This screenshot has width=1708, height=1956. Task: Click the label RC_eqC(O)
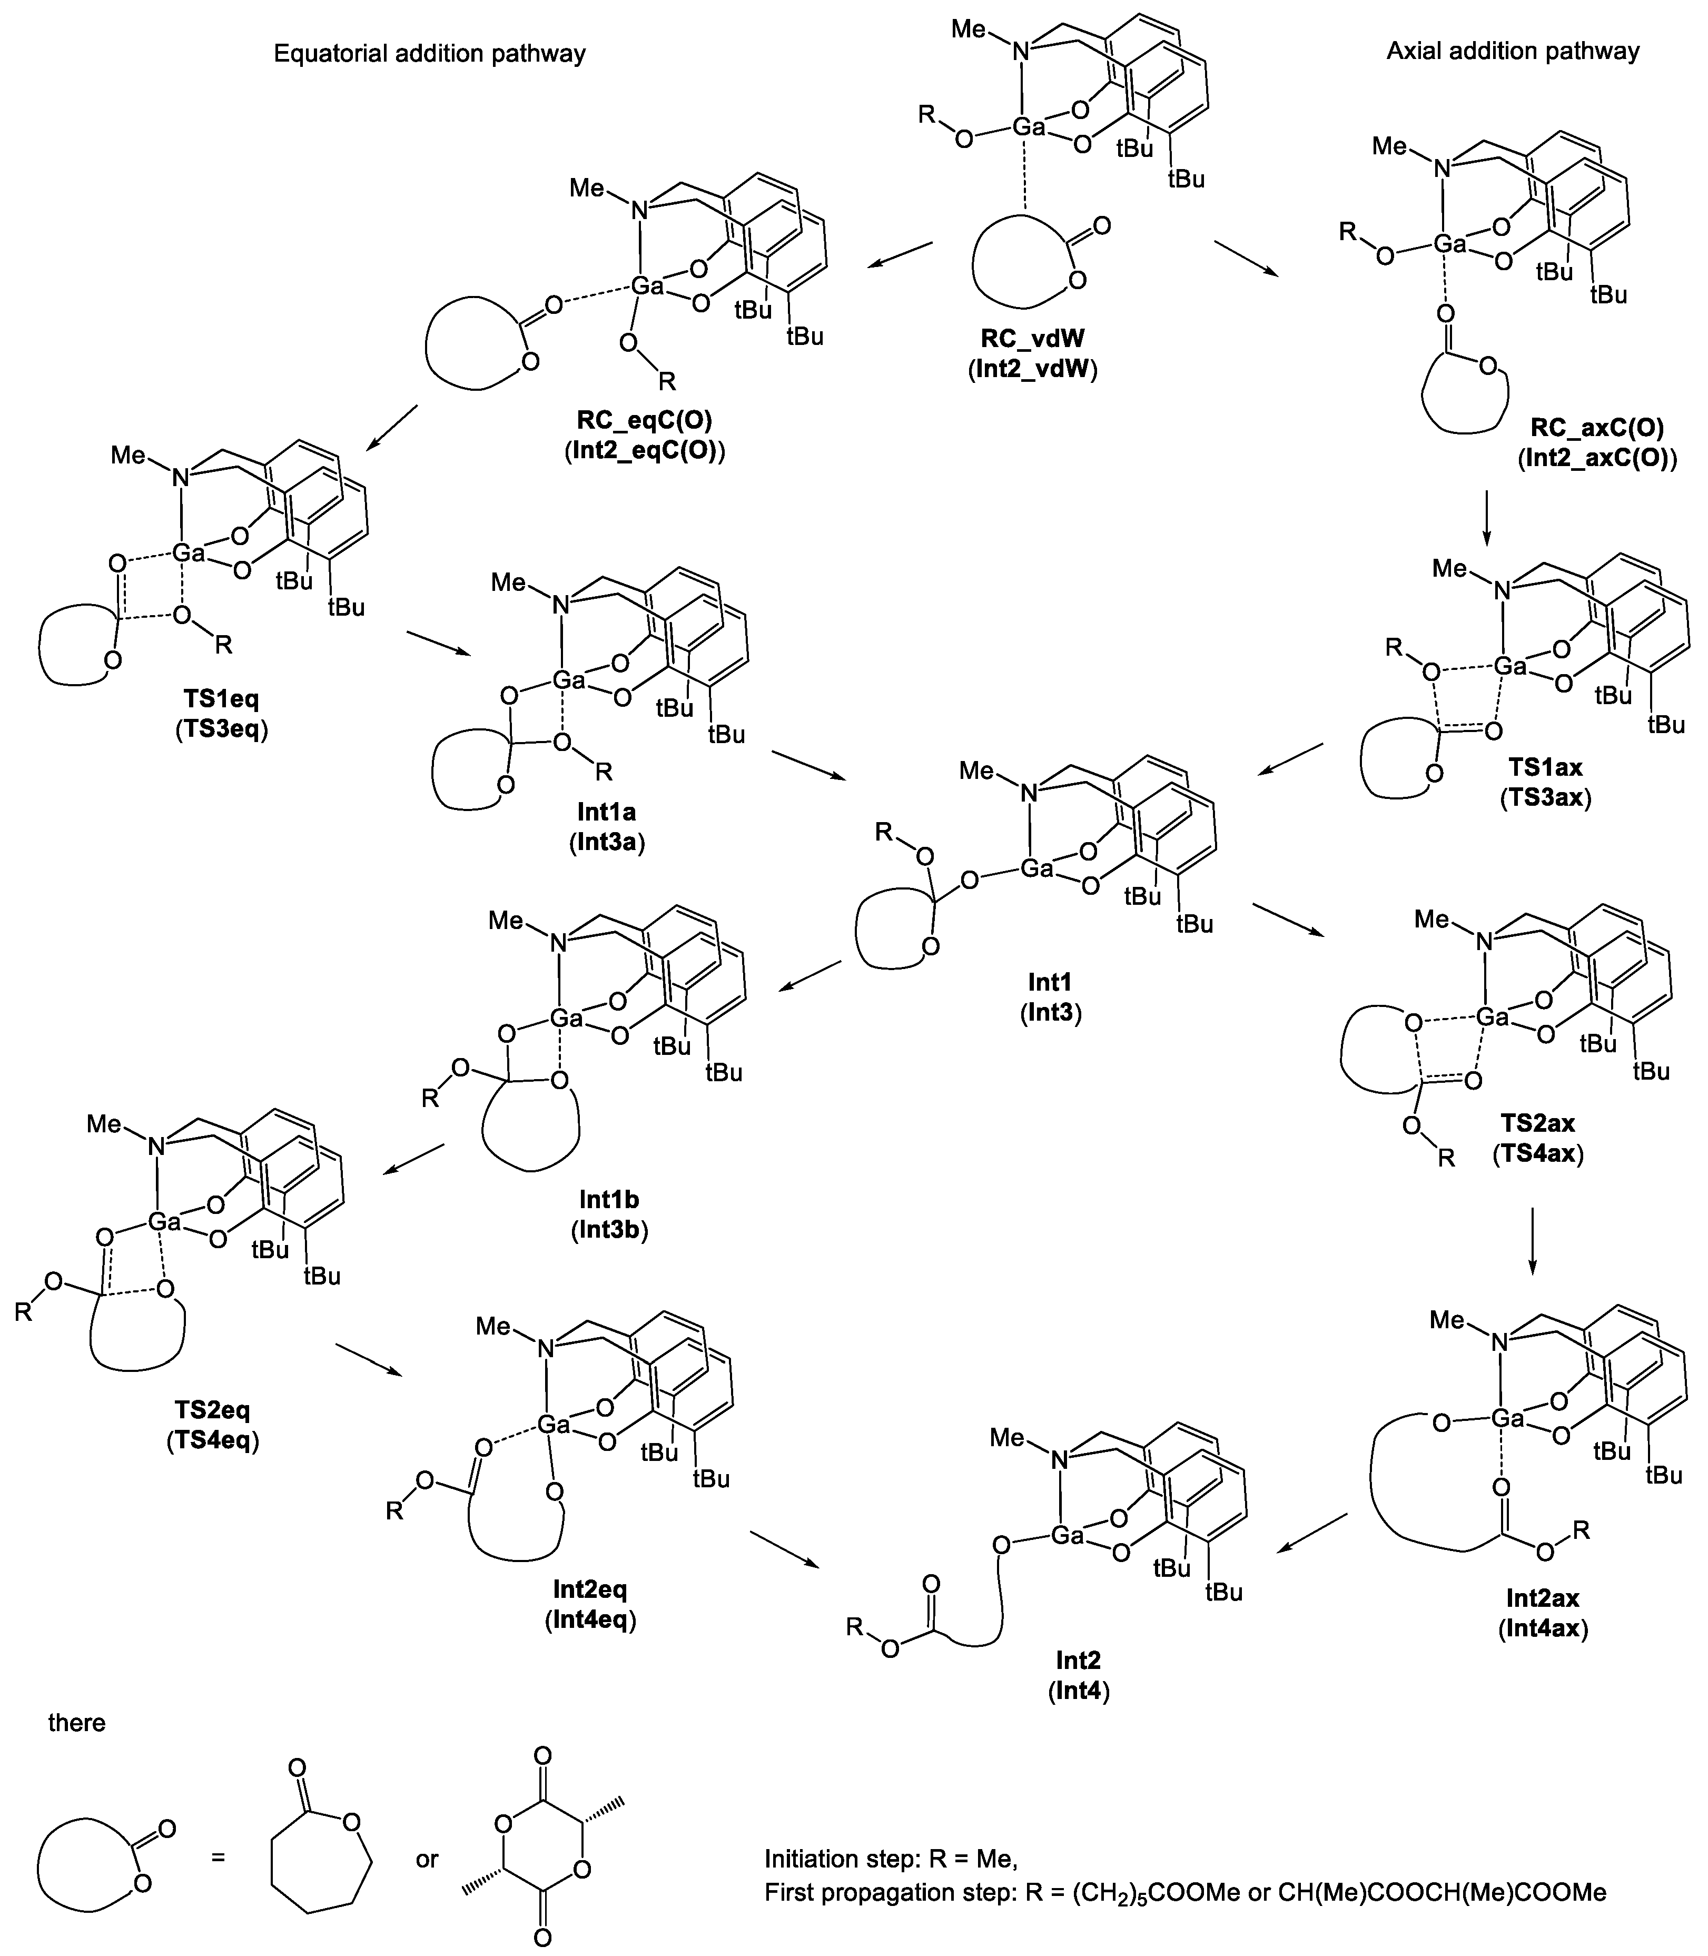pyautogui.click(x=644, y=420)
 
